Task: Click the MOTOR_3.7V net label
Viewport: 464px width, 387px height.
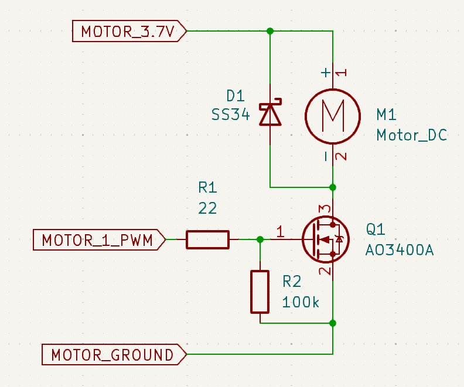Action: coord(128,31)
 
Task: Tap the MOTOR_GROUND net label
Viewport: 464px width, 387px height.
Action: coord(112,354)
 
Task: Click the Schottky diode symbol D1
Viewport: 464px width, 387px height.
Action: coord(270,114)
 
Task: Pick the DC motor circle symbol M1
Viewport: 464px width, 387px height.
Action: coord(333,115)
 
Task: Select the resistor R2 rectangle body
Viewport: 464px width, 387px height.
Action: coord(260,292)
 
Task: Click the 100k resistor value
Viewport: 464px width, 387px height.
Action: coord(301,303)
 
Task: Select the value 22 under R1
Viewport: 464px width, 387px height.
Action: coord(207,208)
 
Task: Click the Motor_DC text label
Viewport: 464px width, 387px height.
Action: coord(412,135)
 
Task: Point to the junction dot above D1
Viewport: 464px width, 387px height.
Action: coord(270,31)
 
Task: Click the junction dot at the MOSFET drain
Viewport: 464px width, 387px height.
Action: coord(333,187)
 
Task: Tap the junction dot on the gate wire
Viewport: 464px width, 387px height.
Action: coord(260,239)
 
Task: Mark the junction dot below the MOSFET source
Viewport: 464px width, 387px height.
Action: coord(333,323)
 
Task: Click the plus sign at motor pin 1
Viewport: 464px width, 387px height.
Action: coord(326,73)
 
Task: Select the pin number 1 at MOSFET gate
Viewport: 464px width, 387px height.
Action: coord(280,232)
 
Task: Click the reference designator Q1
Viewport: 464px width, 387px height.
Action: coord(376,229)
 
